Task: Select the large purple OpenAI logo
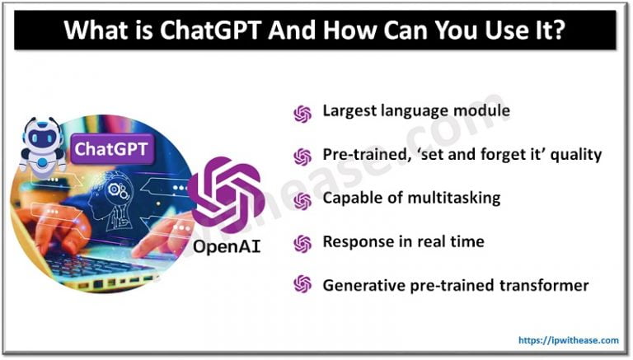tap(224, 194)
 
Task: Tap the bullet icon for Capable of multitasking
tap(302, 200)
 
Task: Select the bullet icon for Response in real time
tap(302, 243)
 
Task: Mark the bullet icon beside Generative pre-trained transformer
tap(302, 285)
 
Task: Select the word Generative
tap(360, 285)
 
